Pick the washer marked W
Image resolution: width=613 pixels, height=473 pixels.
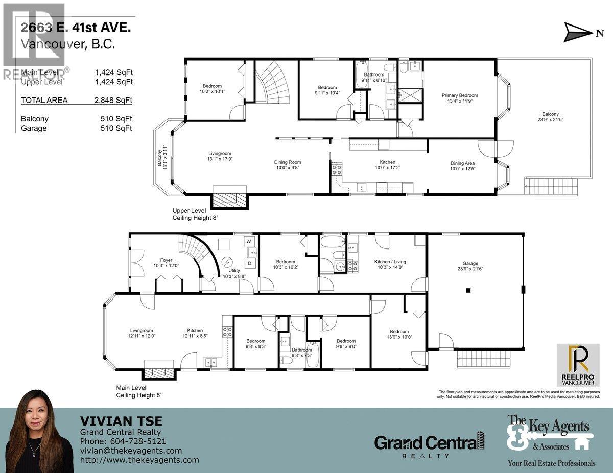click(x=249, y=241)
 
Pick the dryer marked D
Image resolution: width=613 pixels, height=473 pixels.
click(x=250, y=263)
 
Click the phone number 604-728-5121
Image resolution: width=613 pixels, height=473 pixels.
click(x=135, y=441)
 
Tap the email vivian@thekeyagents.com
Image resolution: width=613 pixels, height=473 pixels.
click(x=131, y=451)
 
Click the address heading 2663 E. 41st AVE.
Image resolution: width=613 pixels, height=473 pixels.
click(x=76, y=29)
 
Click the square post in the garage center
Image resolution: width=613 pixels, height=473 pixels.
click(x=467, y=290)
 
